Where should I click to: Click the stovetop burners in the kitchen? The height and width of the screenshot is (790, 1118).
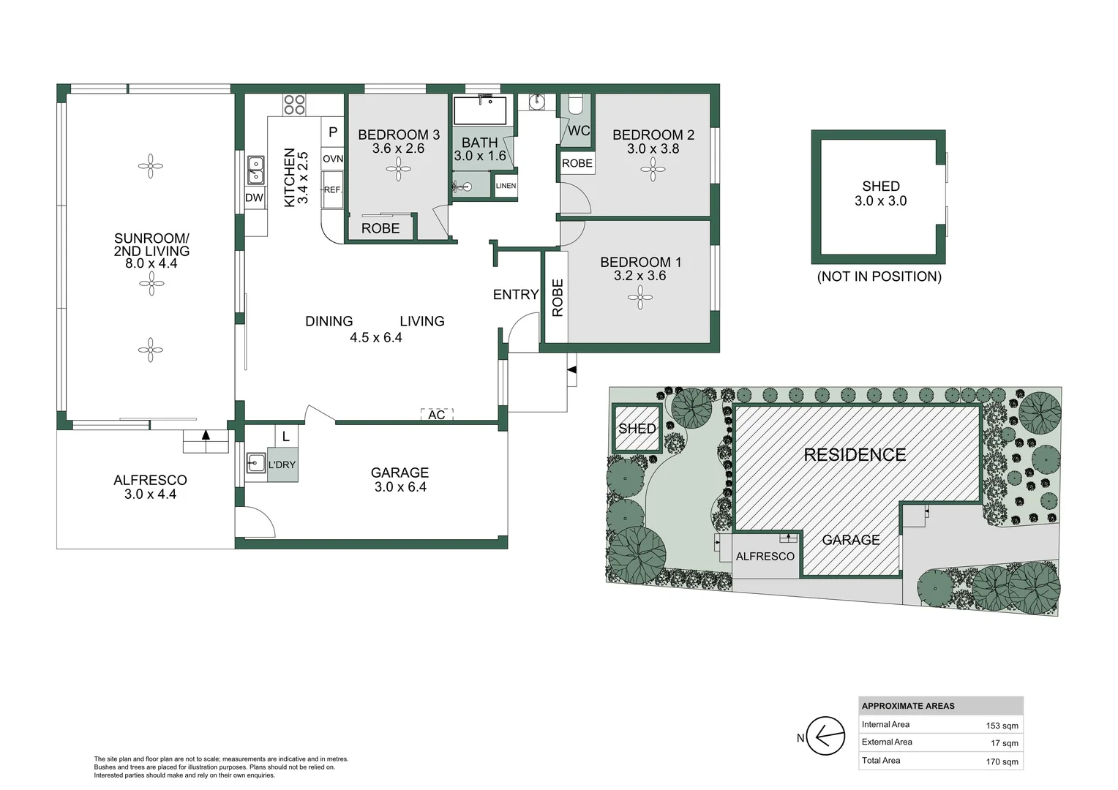pyautogui.click(x=294, y=105)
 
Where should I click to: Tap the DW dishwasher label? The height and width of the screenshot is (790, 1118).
pyautogui.click(x=254, y=197)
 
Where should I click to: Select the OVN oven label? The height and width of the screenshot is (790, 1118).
pyautogui.click(x=333, y=159)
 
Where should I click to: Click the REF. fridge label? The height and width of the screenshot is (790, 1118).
pyautogui.click(x=333, y=189)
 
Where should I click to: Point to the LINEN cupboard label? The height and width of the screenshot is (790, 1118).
pyautogui.click(x=506, y=186)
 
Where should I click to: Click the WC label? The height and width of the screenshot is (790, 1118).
pyautogui.click(x=579, y=131)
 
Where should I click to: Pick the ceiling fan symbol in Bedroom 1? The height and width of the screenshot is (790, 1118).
pyautogui.click(x=640, y=298)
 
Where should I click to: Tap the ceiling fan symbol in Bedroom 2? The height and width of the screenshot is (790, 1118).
pyautogui.click(x=653, y=170)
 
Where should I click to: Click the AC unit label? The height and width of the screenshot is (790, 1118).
pyautogui.click(x=437, y=415)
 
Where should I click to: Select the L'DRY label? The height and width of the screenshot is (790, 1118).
pyautogui.click(x=282, y=464)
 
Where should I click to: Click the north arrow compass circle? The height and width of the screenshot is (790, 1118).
pyautogui.click(x=825, y=736)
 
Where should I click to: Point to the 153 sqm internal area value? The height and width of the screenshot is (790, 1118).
pyautogui.click(x=1002, y=726)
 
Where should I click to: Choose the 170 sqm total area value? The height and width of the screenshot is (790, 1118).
pyautogui.click(x=1002, y=762)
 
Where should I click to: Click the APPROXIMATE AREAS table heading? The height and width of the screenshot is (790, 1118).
pyautogui.click(x=908, y=706)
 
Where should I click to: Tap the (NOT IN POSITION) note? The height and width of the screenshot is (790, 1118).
pyautogui.click(x=879, y=276)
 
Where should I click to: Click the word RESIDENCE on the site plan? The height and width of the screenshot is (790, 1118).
pyautogui.click(x=855, y=455)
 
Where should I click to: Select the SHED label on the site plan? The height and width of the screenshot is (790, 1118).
pyautogui.click(x=637, y=429)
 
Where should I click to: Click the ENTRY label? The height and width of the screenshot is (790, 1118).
pyautogui.click(x=516, y=295)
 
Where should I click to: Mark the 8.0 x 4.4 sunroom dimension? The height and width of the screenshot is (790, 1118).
pyautogui.click(x=151, y=263)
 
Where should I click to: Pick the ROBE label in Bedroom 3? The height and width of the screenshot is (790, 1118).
pyautogui.click(x=380, y=228)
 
